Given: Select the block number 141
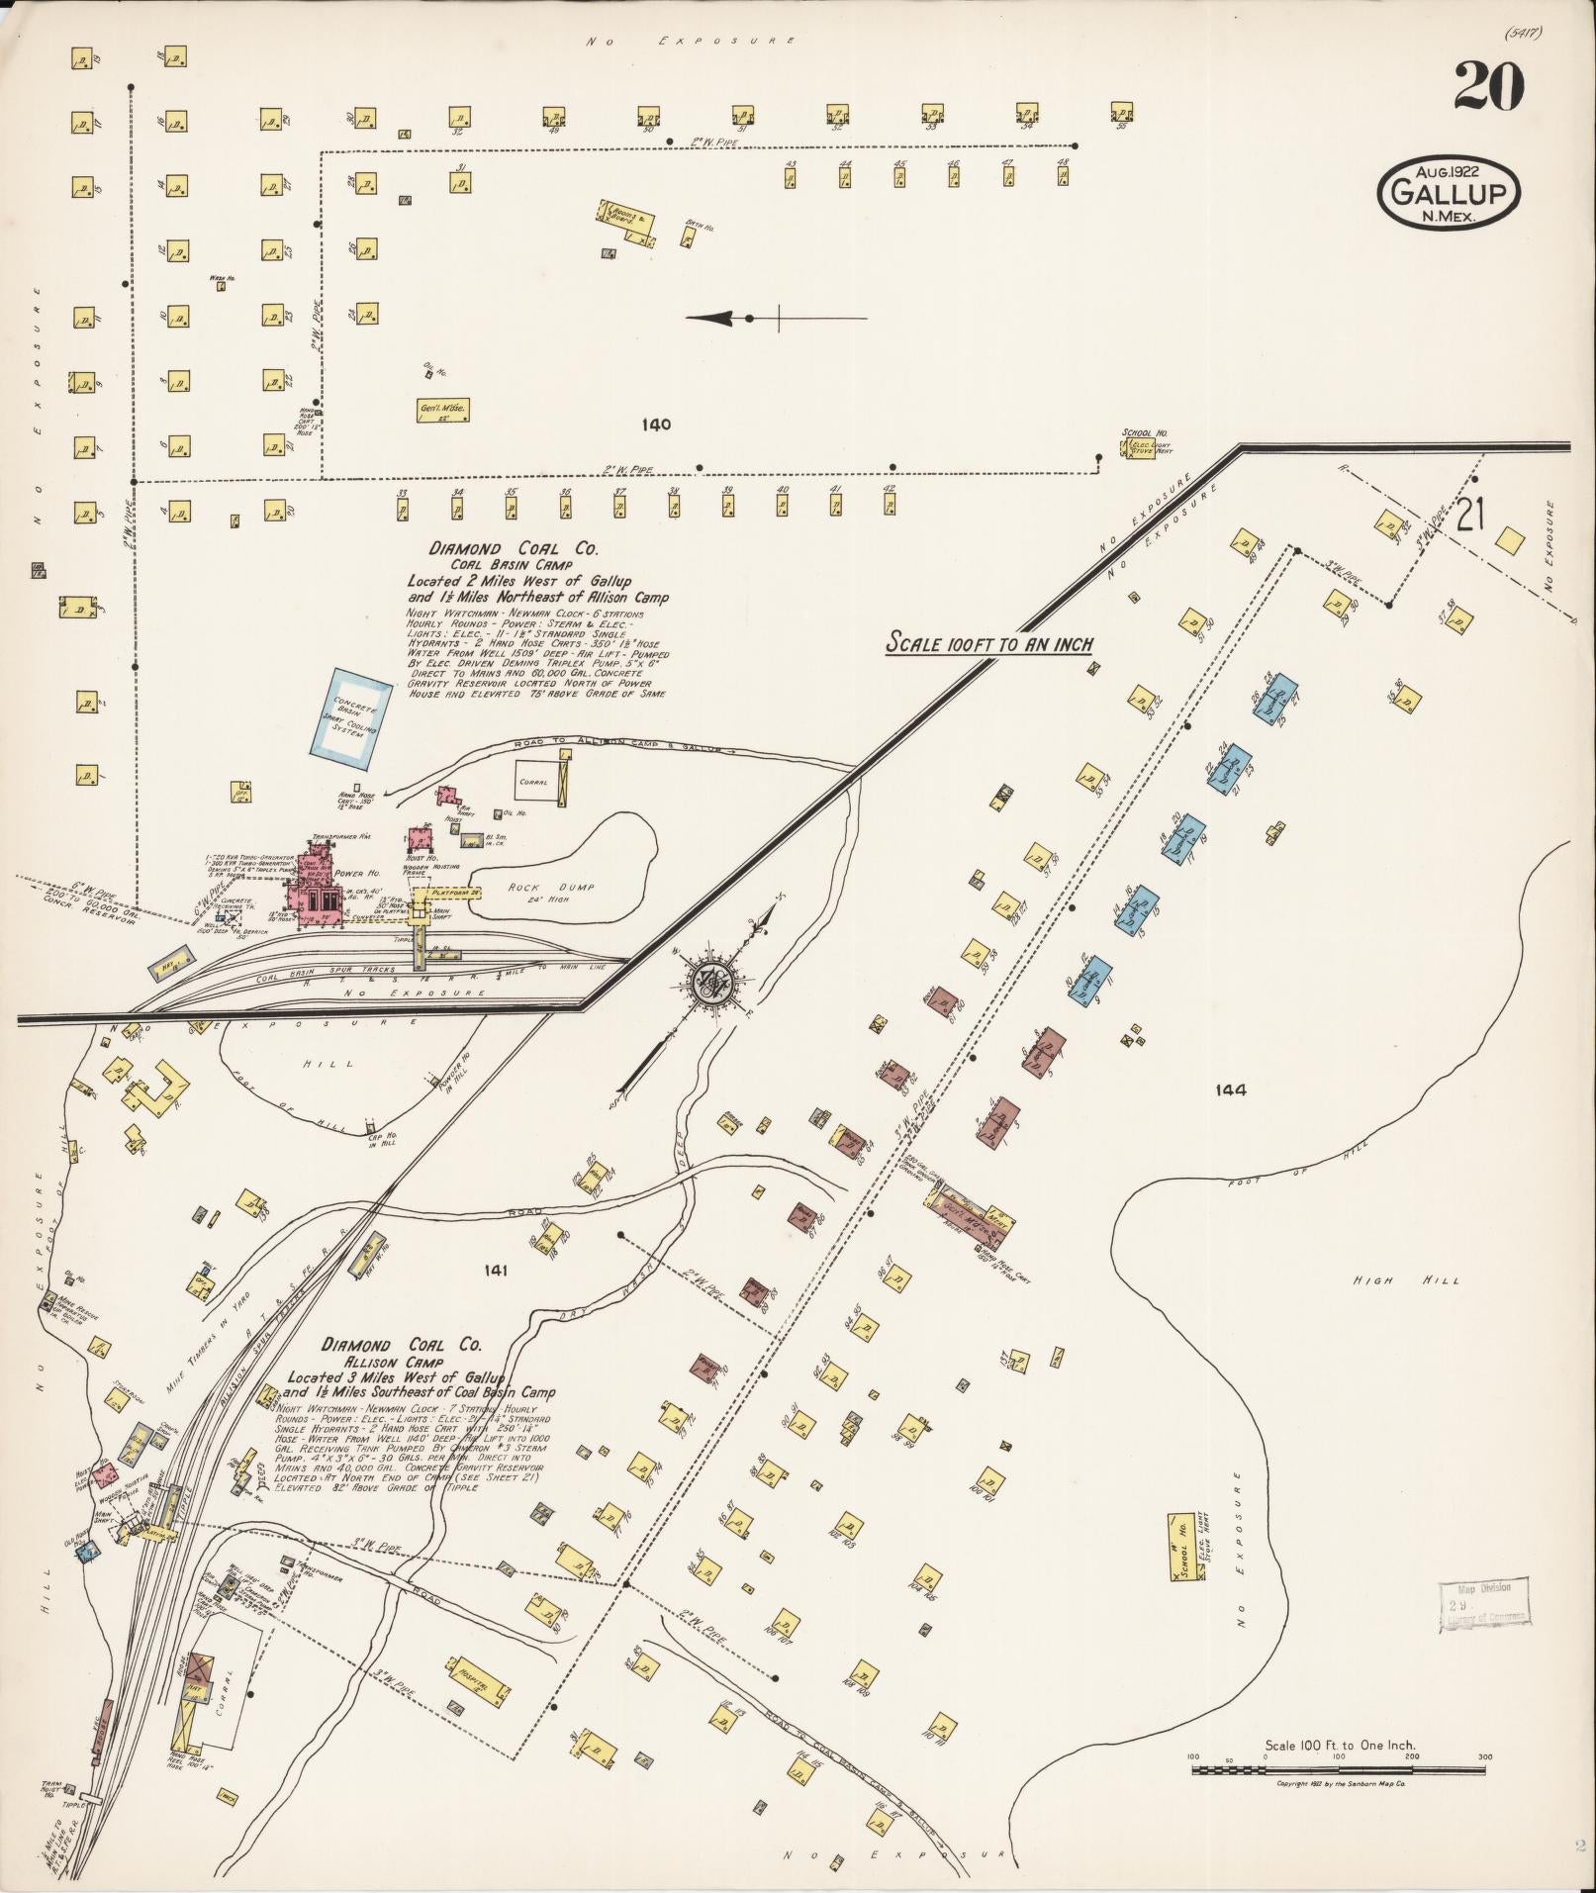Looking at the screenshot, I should coord(495,1270).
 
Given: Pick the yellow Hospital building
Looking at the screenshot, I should coord(479,1676).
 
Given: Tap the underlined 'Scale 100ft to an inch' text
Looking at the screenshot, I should coord(987,644).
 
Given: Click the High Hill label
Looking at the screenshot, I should coord(1406,1280).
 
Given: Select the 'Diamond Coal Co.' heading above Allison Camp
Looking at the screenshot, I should coord(402,1345).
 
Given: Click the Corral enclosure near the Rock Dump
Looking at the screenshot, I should coord(539,782).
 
